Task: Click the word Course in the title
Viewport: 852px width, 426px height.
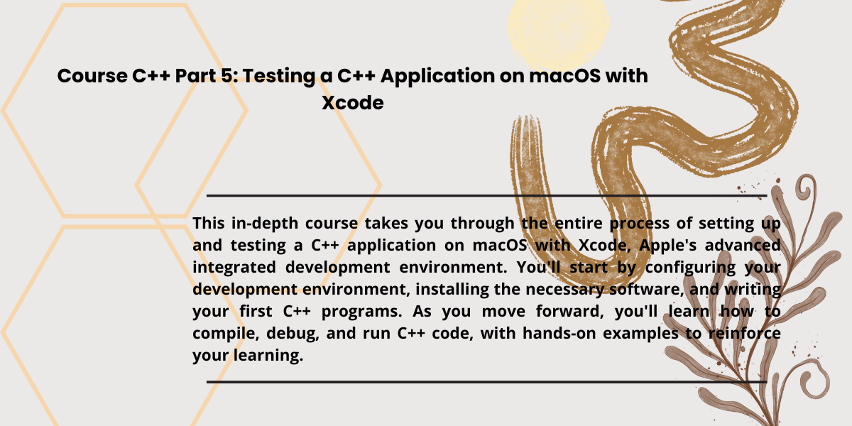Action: pyautogui.click(x=92, y=76)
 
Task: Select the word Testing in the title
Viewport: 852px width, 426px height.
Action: pyautogui.click(x=279, y=77)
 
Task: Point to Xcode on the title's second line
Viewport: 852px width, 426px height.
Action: pyautogui.click(x=353, y=103)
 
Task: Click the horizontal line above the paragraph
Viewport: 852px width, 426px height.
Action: pyautogui.click(x=486, y=196)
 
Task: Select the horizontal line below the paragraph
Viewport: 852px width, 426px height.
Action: pyautogui.click(x=486, y=382)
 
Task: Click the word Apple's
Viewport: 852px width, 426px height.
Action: pyautogui.click(x=667, y=246)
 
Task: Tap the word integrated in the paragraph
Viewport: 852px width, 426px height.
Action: pyautogui.click(x=234, y=268)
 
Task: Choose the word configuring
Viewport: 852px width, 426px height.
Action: pyautogui.click(x=690, y=268)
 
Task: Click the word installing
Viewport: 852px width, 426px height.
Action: pyautogui.click(x=452, y=290)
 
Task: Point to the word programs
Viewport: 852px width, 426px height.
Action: pyautogui.click(x=361, y=312)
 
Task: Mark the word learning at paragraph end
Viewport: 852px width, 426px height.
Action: pyautogui.click(x=268, y=356)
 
